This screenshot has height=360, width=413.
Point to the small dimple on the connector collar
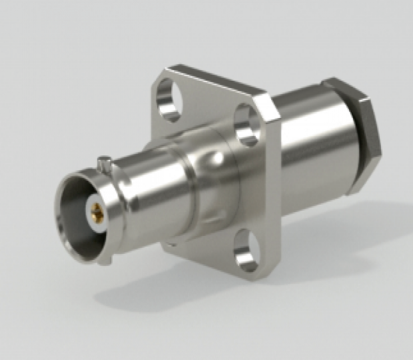214,159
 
